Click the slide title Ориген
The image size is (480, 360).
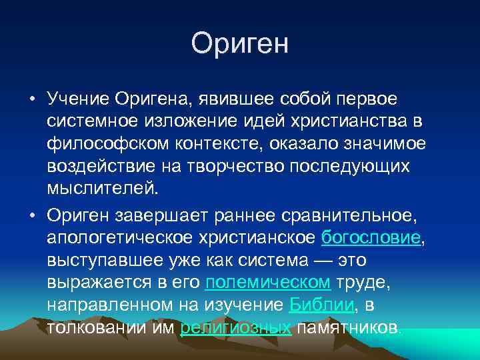(x=240, y=44)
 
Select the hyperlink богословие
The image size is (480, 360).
(x=371, y=238)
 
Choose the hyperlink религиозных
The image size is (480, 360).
(x=235, y=327)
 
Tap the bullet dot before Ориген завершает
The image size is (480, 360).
(x=31, y=216)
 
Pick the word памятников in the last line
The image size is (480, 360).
(x=349, y=327)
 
